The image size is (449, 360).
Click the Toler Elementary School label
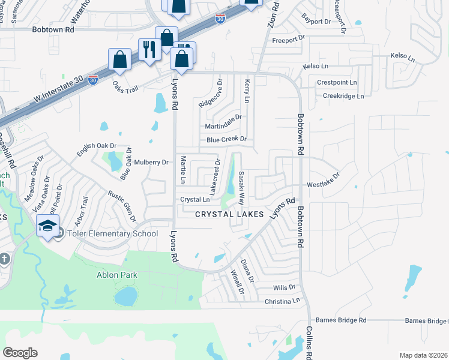tap(112, 234)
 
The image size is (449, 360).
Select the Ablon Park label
tap(117, 275)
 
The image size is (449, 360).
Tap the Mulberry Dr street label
tap(151, 163)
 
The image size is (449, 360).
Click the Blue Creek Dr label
tap(226, 139)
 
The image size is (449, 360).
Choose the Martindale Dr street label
tap(223, 118)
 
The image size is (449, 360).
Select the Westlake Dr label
tap(324, 180)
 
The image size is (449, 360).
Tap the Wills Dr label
tap(284, 288)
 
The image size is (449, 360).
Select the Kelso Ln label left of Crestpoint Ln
tap(316, 65)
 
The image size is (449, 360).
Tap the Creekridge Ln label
tap(343, 96)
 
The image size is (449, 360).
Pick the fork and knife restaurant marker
tap(149, 49)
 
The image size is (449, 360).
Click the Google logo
tap(20, 352)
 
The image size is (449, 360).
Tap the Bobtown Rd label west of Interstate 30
tap(53, 29)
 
